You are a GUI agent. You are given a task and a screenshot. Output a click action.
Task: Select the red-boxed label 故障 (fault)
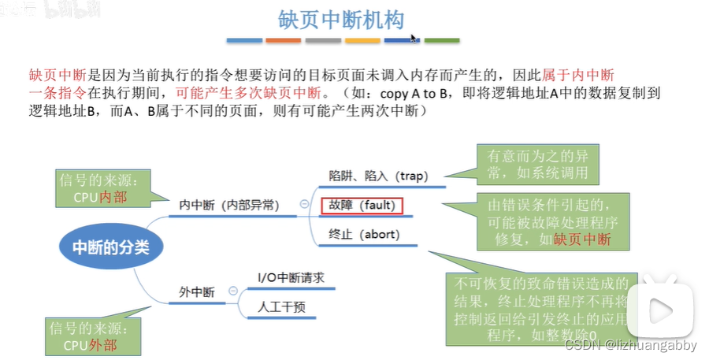pyautogui.click(x=362, y=206)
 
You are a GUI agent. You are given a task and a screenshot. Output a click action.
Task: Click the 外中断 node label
pyautogui.click(x=197, y=292)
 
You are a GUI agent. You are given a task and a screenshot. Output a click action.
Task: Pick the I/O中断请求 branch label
pyautogui.click(x=291, y=277)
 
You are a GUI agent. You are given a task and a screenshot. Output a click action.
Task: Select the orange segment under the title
pyautogui.click(x=283, y=40)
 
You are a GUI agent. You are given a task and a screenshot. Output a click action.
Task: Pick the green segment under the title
pyautogui.click(x=442, y=40)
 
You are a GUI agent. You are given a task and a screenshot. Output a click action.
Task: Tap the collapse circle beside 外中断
pyautogui.click(x=233, y=291)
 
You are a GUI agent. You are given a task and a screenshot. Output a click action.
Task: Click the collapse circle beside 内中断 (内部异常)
pyautogui.click(x=304, y=204)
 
